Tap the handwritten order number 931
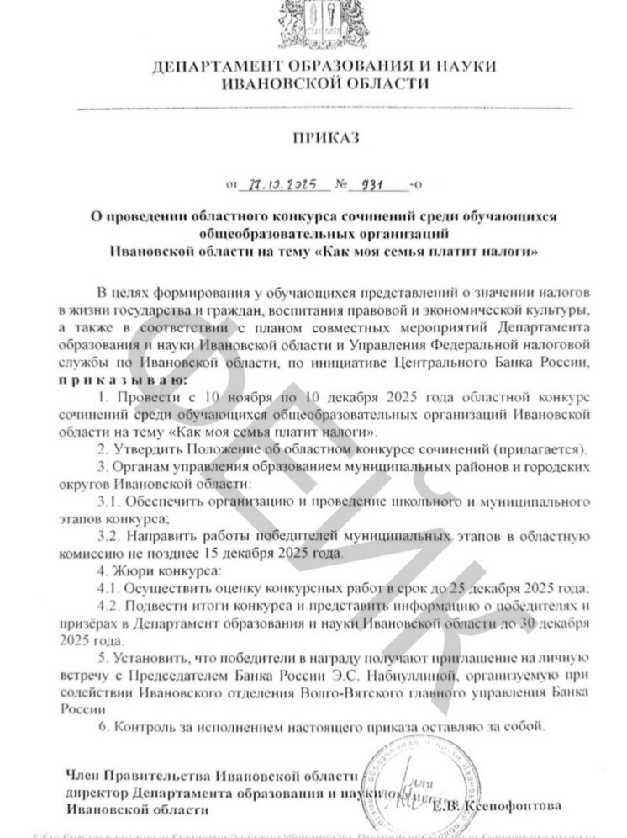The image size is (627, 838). click(373, 184)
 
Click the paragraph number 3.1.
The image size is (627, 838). click(109, 501)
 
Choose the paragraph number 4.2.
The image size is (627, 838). click(109, 606)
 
